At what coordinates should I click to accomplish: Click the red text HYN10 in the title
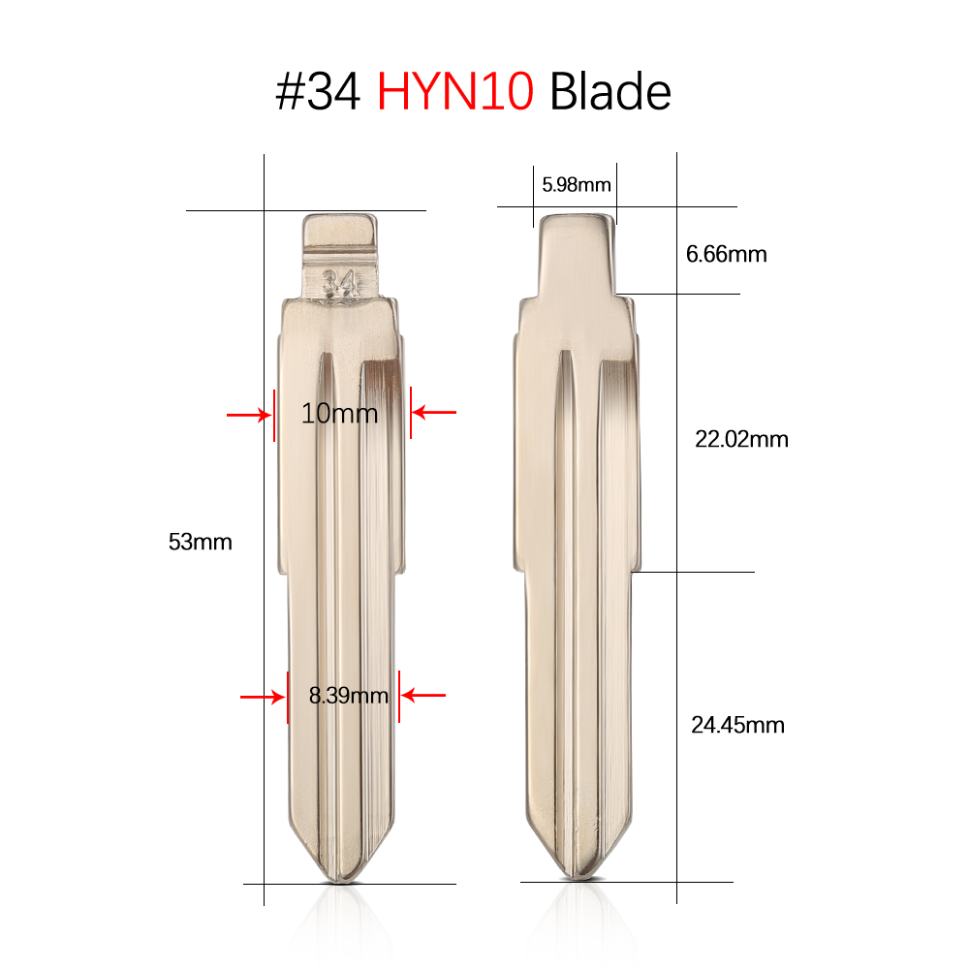pyautogui.click(x=455, y=93)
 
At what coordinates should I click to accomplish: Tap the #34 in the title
pyautogui.click(x=319, y=93)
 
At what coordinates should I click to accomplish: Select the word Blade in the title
pyautogui.click(x=610, y=93)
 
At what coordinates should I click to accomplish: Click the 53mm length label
pyautogui.click(x=201, y=542)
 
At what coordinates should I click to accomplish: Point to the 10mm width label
pyautogui.click(x=339, y=414)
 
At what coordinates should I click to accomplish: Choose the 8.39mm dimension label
pyautogui.click(x=348, y=695)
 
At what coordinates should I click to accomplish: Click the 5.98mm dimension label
pyautogui.click(x=576, y=184)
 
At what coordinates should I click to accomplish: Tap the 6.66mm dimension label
pyautogui.click(x=726, y=255)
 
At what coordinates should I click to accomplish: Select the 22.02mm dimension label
pyautogui.click(x=741, y=439)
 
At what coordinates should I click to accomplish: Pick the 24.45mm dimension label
pyautogui.click(x=737, y=724)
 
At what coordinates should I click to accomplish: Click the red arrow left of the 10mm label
pyautogui.click(x=248, y=415)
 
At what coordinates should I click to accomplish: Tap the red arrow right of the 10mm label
pyautogui.click(x=433, y=412)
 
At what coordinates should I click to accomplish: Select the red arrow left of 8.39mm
pyautogui.click(x=262, y=696)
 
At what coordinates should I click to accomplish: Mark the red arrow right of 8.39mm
pyautogui.click(x=423, y=695)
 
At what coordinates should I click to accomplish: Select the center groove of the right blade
pyautogui.click(x=578, y=581)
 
